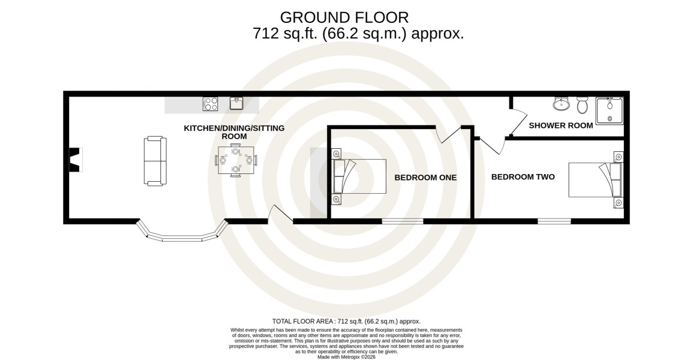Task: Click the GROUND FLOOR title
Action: pyautogui.click(x=344, y=17)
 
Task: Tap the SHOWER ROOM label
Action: pyautogui.click(x=561, y=125)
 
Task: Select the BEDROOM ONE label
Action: pyautogui.click(x=425, y=178)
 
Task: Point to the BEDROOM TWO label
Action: pyautogui.click(x=523, y=176)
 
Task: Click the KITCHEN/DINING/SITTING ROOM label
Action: pyautogui.click(x=234, y=132)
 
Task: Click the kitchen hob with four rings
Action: pyautogui.click(x=211, y=104)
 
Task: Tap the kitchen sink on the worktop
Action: pyautogui.click(x=236, y=103)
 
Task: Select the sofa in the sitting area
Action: pyautogui.click(x=155, y=161)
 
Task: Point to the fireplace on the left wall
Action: pyautogui.click(x=76, y=160)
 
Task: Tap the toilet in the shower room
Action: pyautogui.click(x=582, y=105)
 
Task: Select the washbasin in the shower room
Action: pyautogui.click(x=561, y=104)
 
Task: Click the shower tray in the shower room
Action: pyautogui.click(x=609, y=111)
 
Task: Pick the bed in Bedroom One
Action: pyautogui.click(x=359, y=176)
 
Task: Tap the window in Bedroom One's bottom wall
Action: pyautogui.click(x=402, y=221)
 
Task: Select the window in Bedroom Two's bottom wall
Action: pyautogui.click(x=554, y=221)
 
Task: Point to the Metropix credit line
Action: pyautogui.click(x=346, y=357)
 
